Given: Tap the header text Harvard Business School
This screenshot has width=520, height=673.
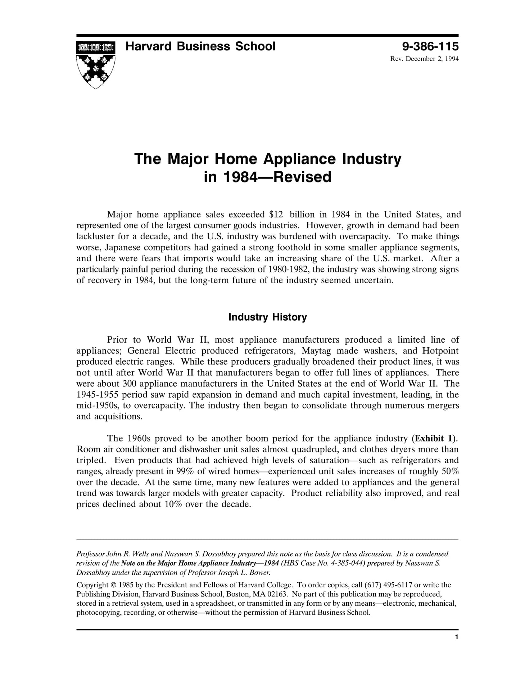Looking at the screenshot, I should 200,46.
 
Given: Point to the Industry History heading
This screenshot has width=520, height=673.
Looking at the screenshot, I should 267,317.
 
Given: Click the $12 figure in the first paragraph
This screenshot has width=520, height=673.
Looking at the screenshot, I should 276,214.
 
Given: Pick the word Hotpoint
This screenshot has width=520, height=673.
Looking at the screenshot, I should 440,351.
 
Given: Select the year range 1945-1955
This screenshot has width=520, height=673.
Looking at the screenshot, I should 98,394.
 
